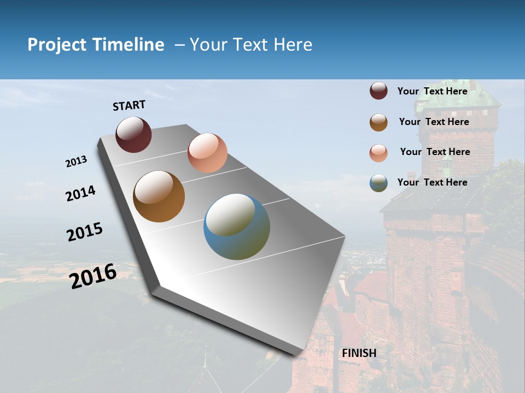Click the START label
tap(129, 105)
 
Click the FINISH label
tap(359, 353)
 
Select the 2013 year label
tap(77, 162)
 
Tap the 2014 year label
tap(81, 193)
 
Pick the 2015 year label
tap(85, 232)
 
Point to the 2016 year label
tap(93, 276)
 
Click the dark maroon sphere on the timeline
tap(133, 134)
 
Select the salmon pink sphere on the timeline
tap(207, 153)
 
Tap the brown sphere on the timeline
tap(159, 196)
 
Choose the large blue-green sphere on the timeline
tap(237, 227)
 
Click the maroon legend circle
tap(378, 91)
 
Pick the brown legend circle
tap(378, 122)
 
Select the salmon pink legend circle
tap(378, 153)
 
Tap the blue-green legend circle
tap(378, 183)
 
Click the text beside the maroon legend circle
tap(432, 91)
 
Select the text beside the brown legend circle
tap(434, 122)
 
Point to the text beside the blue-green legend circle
tap(432, 182)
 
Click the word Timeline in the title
tap(129, 45)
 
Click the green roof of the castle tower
tap(468, 96)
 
